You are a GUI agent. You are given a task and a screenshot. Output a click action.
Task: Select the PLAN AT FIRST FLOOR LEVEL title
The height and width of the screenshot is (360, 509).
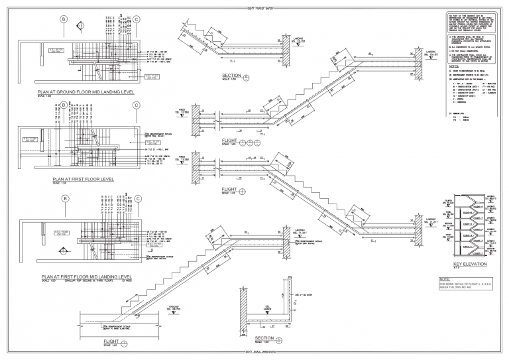82,179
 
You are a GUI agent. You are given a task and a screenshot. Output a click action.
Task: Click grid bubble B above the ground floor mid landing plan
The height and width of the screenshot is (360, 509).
64,19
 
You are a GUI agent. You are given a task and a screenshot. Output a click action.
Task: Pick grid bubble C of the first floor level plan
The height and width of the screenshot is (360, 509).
137,105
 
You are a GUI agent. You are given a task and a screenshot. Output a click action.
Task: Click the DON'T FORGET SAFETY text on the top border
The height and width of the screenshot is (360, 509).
254,7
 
